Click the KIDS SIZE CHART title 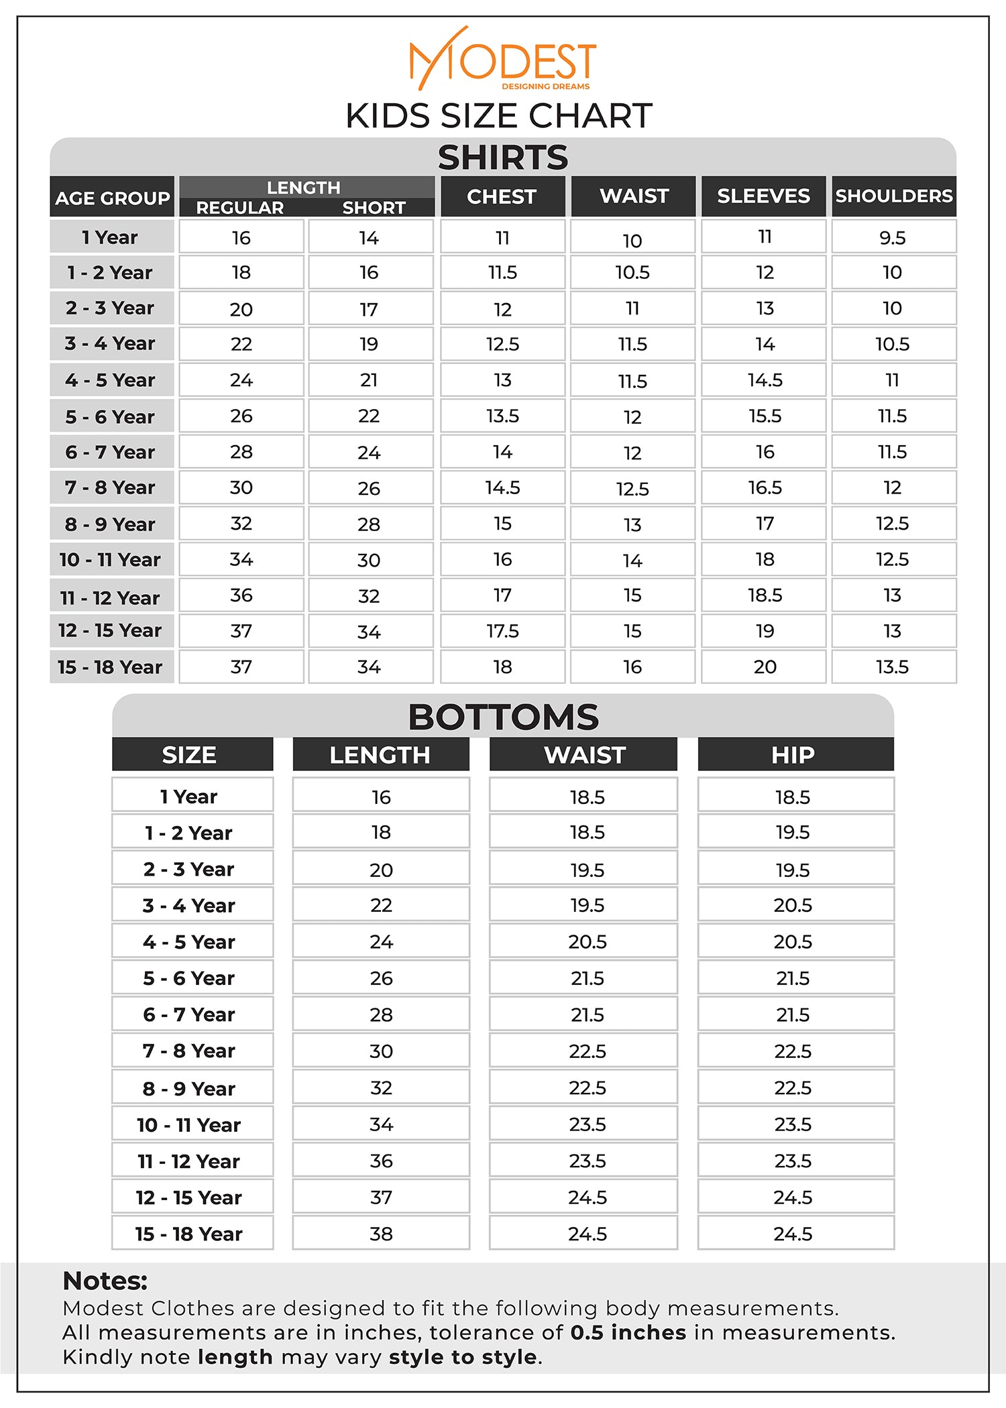click(499, 116)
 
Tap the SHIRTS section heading click(502, 158)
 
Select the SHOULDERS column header click(893, 196)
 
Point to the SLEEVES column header click(763, 196)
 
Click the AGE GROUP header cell click(112, 198)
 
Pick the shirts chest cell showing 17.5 click(502, 631)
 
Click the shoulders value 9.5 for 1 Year click(893, 238)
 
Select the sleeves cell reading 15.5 click(765, 416)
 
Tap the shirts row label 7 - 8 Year click(111, 487)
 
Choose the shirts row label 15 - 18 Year click(111, 667)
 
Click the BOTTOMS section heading click(503, 717)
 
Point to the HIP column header click(793, 755)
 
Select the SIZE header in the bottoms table click(189, 755)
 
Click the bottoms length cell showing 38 click(381, 1234)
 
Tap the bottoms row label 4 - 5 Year click(189, 942)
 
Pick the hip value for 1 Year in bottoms click(793, 797)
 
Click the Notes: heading click(105, 1281)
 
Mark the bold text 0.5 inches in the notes click(628, 1332)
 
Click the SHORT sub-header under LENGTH click(374, 208)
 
